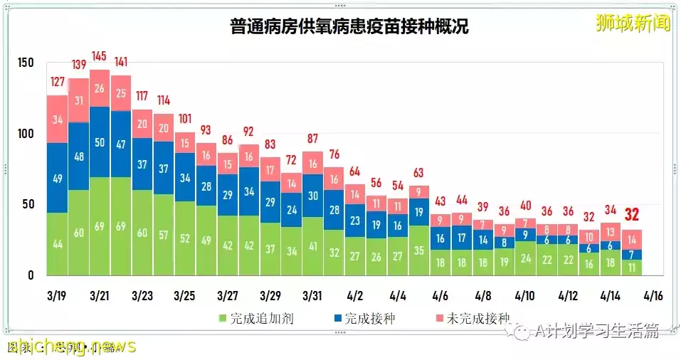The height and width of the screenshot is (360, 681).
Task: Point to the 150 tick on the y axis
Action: (26, 63)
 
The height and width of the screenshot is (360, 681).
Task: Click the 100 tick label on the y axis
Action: (26, 134)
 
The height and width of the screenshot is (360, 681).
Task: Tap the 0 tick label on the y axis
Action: (31, 275)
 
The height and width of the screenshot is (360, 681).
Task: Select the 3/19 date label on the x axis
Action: (57, 294)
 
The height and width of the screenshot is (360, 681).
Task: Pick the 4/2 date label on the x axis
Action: (355, 294)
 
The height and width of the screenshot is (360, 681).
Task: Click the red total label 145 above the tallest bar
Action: (100, 56)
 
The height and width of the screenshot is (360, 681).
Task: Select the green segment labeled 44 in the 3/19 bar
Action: (57, 244)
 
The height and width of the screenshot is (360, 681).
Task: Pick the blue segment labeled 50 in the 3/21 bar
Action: (100, 142)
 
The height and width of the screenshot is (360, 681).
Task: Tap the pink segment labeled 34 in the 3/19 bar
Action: (57, 119)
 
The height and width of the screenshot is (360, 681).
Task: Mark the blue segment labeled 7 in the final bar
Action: (633, 255)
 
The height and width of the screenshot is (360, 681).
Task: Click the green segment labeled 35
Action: (418, 250)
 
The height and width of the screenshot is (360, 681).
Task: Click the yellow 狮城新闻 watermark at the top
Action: (633, 23)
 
